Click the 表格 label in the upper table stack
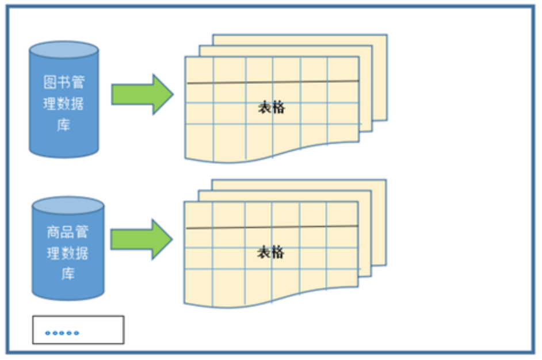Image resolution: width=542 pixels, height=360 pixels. (271, 108)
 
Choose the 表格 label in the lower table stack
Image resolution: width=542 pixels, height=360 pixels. (270, 252)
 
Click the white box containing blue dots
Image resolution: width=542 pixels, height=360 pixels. (78, 330)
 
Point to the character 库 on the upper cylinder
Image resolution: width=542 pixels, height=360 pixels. (64, 125)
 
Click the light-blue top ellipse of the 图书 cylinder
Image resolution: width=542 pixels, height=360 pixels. (63, 50)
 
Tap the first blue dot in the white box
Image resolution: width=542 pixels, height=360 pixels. (48, 333)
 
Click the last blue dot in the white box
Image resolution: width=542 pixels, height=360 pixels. (77, 333)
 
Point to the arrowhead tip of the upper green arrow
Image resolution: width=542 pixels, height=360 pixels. (172, 94)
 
